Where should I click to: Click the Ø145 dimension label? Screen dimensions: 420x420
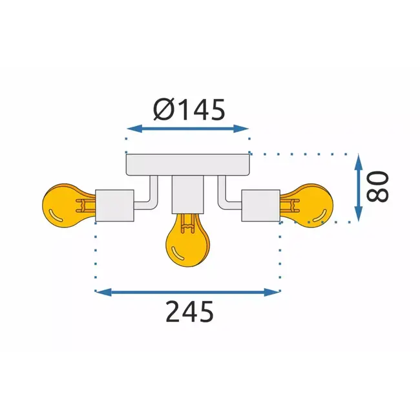tap(189, 110)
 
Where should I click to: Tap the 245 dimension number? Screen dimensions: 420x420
tap(189, 313)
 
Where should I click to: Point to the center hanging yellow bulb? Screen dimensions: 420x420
tap(188, 242)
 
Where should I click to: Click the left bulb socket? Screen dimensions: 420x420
tap(114, 205)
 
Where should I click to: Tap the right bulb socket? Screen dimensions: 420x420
tap(261, 205)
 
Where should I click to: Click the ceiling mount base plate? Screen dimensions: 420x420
tap(188, 165)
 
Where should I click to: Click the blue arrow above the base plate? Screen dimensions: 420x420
tap(188, 129)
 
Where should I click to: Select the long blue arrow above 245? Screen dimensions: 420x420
tap(188, 292)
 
